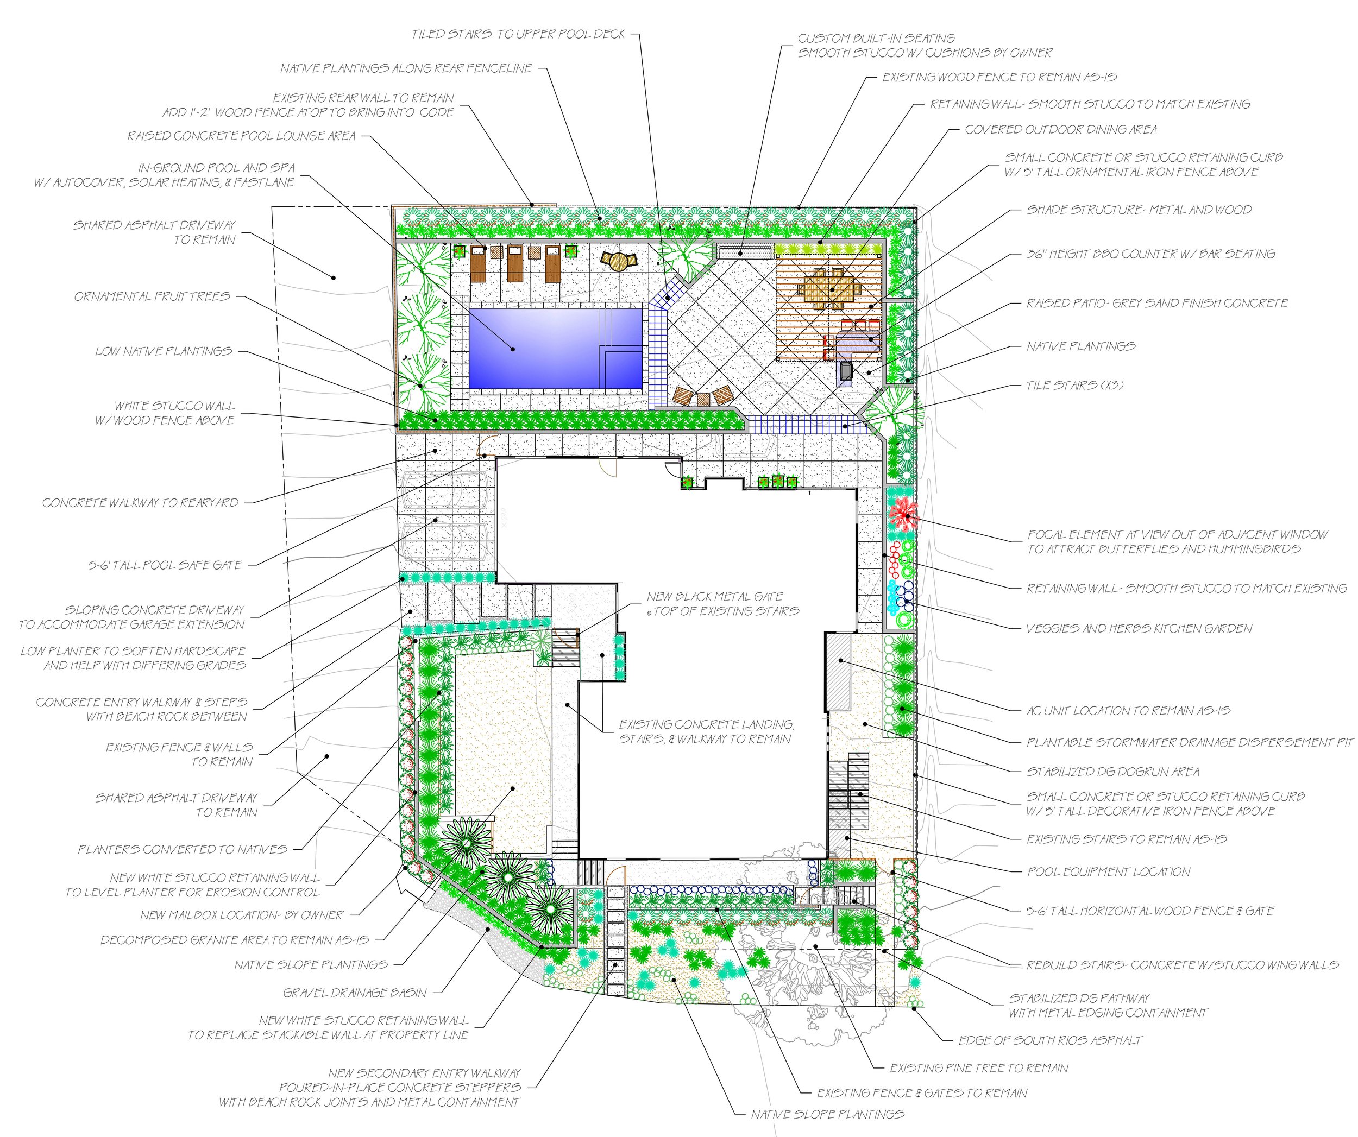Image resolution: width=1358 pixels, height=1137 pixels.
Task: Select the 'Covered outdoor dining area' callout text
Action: tap(1060, 130)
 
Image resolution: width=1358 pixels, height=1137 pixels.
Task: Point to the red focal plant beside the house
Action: tap(902, 515)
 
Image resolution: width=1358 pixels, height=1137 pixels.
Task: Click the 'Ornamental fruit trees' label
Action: tap(152, 296)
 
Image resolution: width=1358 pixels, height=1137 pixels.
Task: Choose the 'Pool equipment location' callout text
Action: tap(1108, 872)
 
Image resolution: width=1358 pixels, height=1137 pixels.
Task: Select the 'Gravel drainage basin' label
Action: tap(355, 993)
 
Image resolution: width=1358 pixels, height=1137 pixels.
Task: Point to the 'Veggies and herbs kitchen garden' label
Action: tap(1139, 628)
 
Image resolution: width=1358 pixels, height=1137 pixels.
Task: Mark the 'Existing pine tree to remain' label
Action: tap(979, 1069)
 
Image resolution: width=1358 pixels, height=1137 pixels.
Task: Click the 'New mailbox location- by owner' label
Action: tap(242, 915)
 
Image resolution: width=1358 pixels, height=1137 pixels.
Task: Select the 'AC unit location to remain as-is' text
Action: tap(1128, 711)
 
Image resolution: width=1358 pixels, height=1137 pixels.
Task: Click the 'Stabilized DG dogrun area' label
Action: tap(1112, 772)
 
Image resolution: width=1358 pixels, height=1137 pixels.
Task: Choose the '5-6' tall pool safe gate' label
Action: tap(165, 565)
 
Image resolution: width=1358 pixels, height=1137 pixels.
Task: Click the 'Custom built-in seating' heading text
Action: tap(876, 39)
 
